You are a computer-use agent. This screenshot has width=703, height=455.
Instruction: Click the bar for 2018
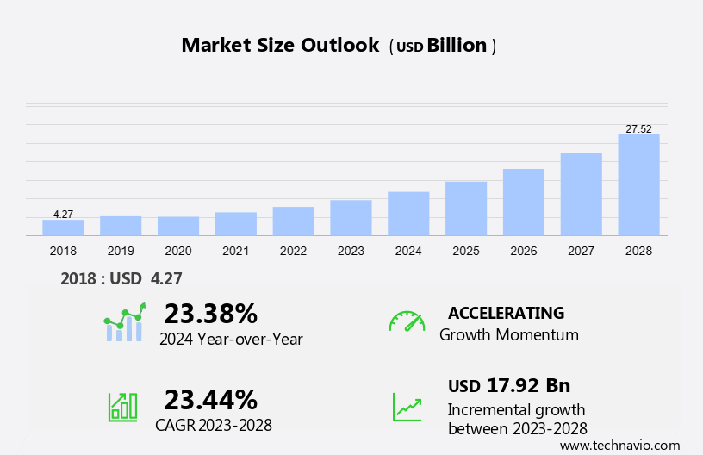63,227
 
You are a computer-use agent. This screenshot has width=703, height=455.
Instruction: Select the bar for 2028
638,184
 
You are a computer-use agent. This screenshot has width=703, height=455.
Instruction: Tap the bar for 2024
408,214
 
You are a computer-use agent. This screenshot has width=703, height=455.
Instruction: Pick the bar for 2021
236,224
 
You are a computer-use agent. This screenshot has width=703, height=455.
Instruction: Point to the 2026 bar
524,202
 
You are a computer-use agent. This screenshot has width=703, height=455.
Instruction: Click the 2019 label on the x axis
121,251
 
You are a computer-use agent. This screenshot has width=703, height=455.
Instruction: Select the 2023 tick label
351,251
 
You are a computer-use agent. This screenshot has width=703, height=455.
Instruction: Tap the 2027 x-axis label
581,251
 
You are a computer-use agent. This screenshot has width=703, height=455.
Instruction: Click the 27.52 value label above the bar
638,128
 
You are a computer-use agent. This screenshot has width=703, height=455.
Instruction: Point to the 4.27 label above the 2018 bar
63,214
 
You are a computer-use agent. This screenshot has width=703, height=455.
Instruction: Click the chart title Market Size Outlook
280,46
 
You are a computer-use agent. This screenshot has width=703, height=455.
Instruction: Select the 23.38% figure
211,313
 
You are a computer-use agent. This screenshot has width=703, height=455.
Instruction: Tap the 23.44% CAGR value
211,399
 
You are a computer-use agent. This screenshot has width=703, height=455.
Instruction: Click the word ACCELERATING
507,313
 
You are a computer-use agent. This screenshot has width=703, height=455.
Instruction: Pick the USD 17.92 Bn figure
509,385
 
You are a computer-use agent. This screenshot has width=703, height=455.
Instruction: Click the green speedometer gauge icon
407,321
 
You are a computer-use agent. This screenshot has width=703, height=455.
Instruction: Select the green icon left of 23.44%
122,406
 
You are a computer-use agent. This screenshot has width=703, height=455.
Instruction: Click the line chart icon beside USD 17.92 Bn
407,406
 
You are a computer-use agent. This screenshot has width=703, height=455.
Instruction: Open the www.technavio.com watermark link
619,446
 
